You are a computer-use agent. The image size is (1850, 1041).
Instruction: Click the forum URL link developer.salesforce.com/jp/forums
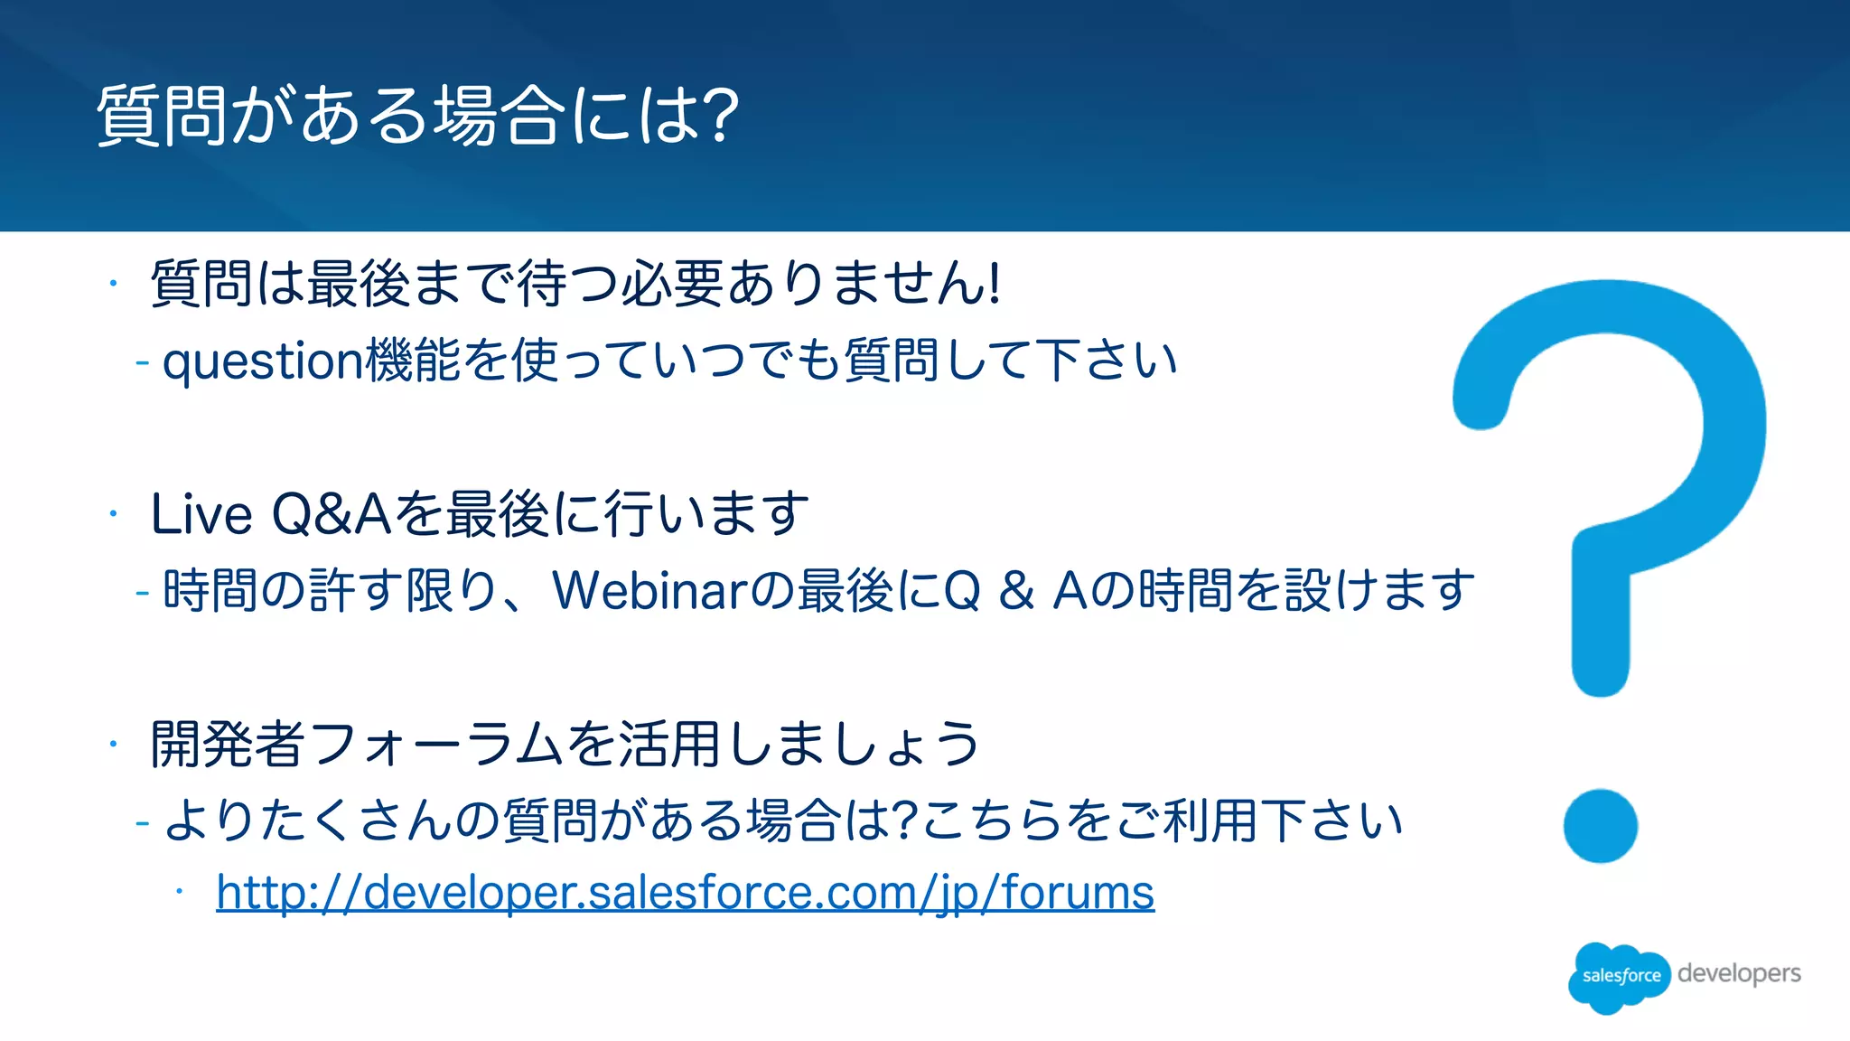(685, 893)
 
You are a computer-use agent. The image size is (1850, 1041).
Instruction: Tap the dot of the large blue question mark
(1600, 826)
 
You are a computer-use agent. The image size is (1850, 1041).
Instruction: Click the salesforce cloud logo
(1620, 976)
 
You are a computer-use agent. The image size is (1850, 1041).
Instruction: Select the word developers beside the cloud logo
(1739, 973)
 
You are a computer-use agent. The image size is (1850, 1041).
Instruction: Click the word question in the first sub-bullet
(262, 361)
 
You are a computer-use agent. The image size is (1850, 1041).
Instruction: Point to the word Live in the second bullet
(201, 514)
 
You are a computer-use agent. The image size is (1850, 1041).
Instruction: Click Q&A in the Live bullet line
(332, 514)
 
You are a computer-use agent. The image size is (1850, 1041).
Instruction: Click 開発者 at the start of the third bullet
(228, 745)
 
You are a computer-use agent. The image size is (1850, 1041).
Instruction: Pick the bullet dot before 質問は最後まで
(113, 284)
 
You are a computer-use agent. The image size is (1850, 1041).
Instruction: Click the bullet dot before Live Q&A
(113, 514)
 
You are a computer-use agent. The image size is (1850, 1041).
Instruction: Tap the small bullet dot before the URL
(180, 892)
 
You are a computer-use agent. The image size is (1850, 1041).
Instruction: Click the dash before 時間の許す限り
(142, 593)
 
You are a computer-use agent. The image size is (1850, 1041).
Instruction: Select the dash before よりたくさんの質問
(142, 823)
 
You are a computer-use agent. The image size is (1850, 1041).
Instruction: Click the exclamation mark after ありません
(995, 284)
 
